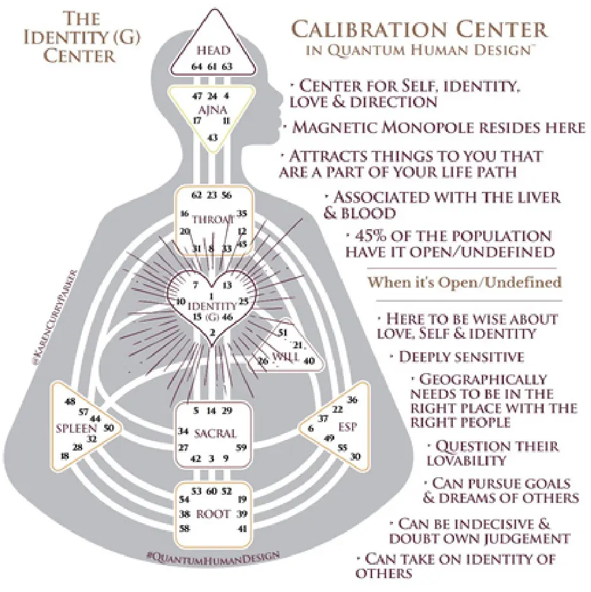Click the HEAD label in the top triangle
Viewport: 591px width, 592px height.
pyautogui.click(x=212, y=50)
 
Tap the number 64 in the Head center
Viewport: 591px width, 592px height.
pyautogui.click(x=198, y=65)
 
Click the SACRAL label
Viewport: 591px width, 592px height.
pyautogui.click(x=215, y=434)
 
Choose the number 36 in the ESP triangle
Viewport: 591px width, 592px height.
pyautogui.click(x=353, y=400)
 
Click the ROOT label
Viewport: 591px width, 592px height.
pyautogui.click(x=213, y=514)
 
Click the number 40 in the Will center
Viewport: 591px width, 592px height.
pyautogui.click(x=309, y=361)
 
